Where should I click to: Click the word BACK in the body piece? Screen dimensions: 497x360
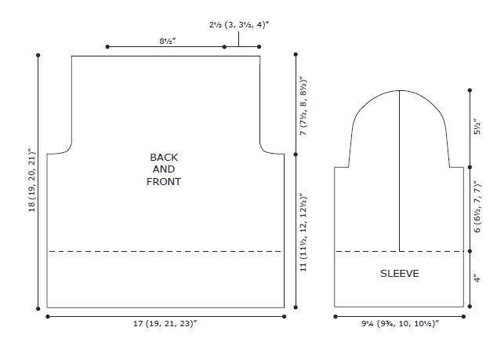coord(164,158)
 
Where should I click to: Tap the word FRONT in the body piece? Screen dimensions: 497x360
coord(164,182)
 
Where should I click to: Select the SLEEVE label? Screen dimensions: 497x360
coord(399,274)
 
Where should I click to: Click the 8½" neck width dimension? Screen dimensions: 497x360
coord(168,42)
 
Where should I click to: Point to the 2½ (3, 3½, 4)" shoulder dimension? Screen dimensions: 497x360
coord(239,25)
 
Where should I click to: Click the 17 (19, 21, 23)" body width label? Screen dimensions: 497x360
coord(165,323)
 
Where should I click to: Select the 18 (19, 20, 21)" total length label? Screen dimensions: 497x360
coord(32,180)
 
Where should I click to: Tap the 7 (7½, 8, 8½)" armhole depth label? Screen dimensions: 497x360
coord(303,106)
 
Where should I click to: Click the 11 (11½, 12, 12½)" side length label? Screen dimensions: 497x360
coord(303,232)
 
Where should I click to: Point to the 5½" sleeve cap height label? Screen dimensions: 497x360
coord(477,127)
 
